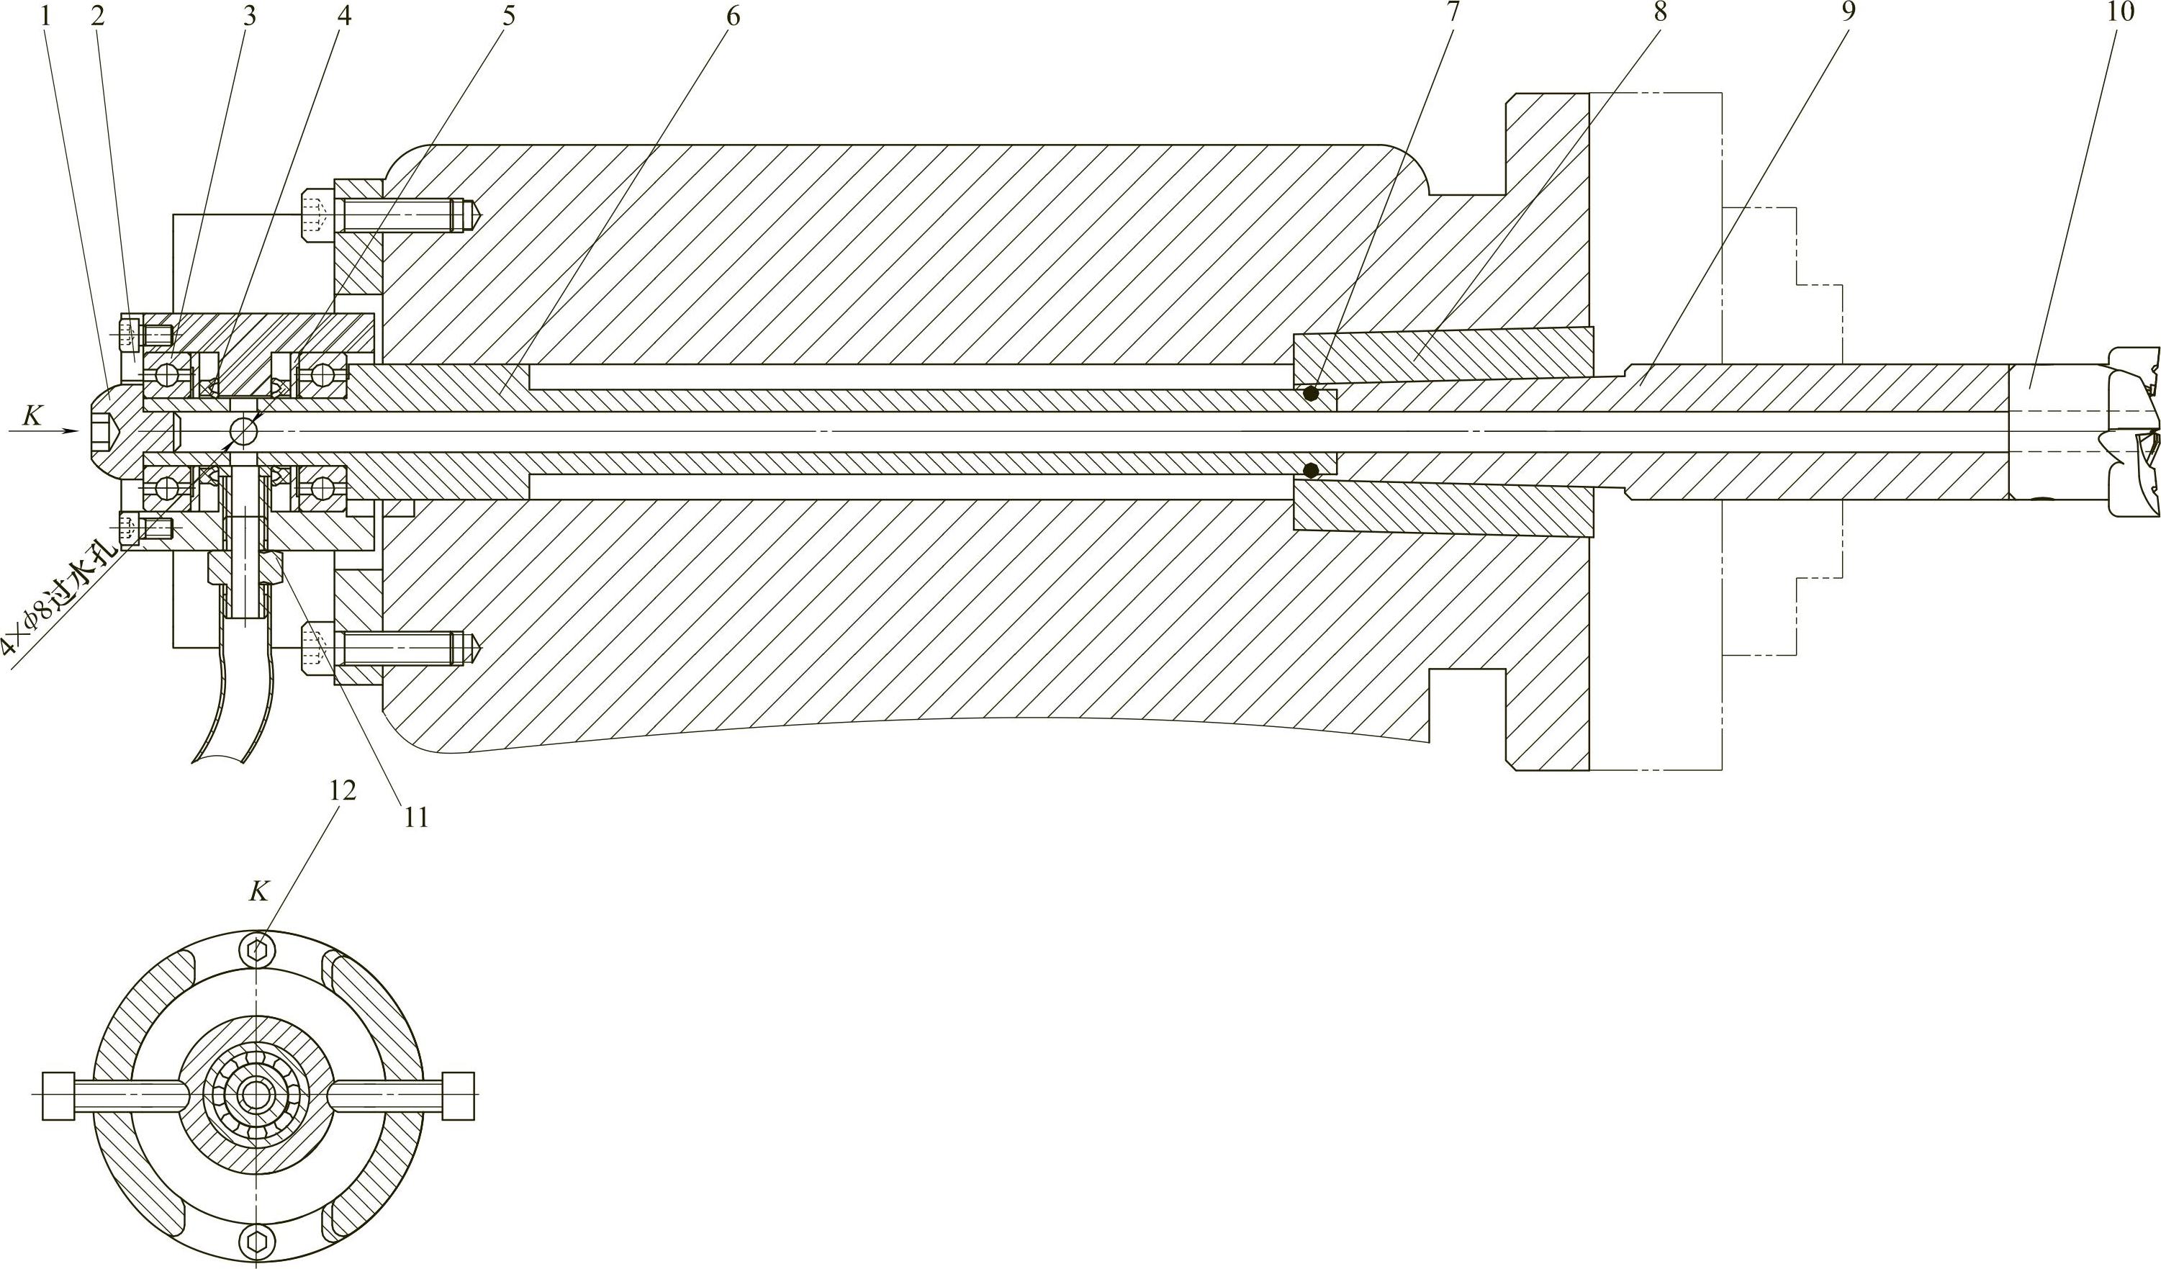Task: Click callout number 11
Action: [x=415, y=817]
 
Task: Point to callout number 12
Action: [x=341, y=790]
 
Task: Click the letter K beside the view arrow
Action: [x=32, y=417]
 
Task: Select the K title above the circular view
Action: [x=258, y=893]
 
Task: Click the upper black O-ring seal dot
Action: [x=1310, y=394]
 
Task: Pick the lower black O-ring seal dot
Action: [x=1310, y=470]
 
